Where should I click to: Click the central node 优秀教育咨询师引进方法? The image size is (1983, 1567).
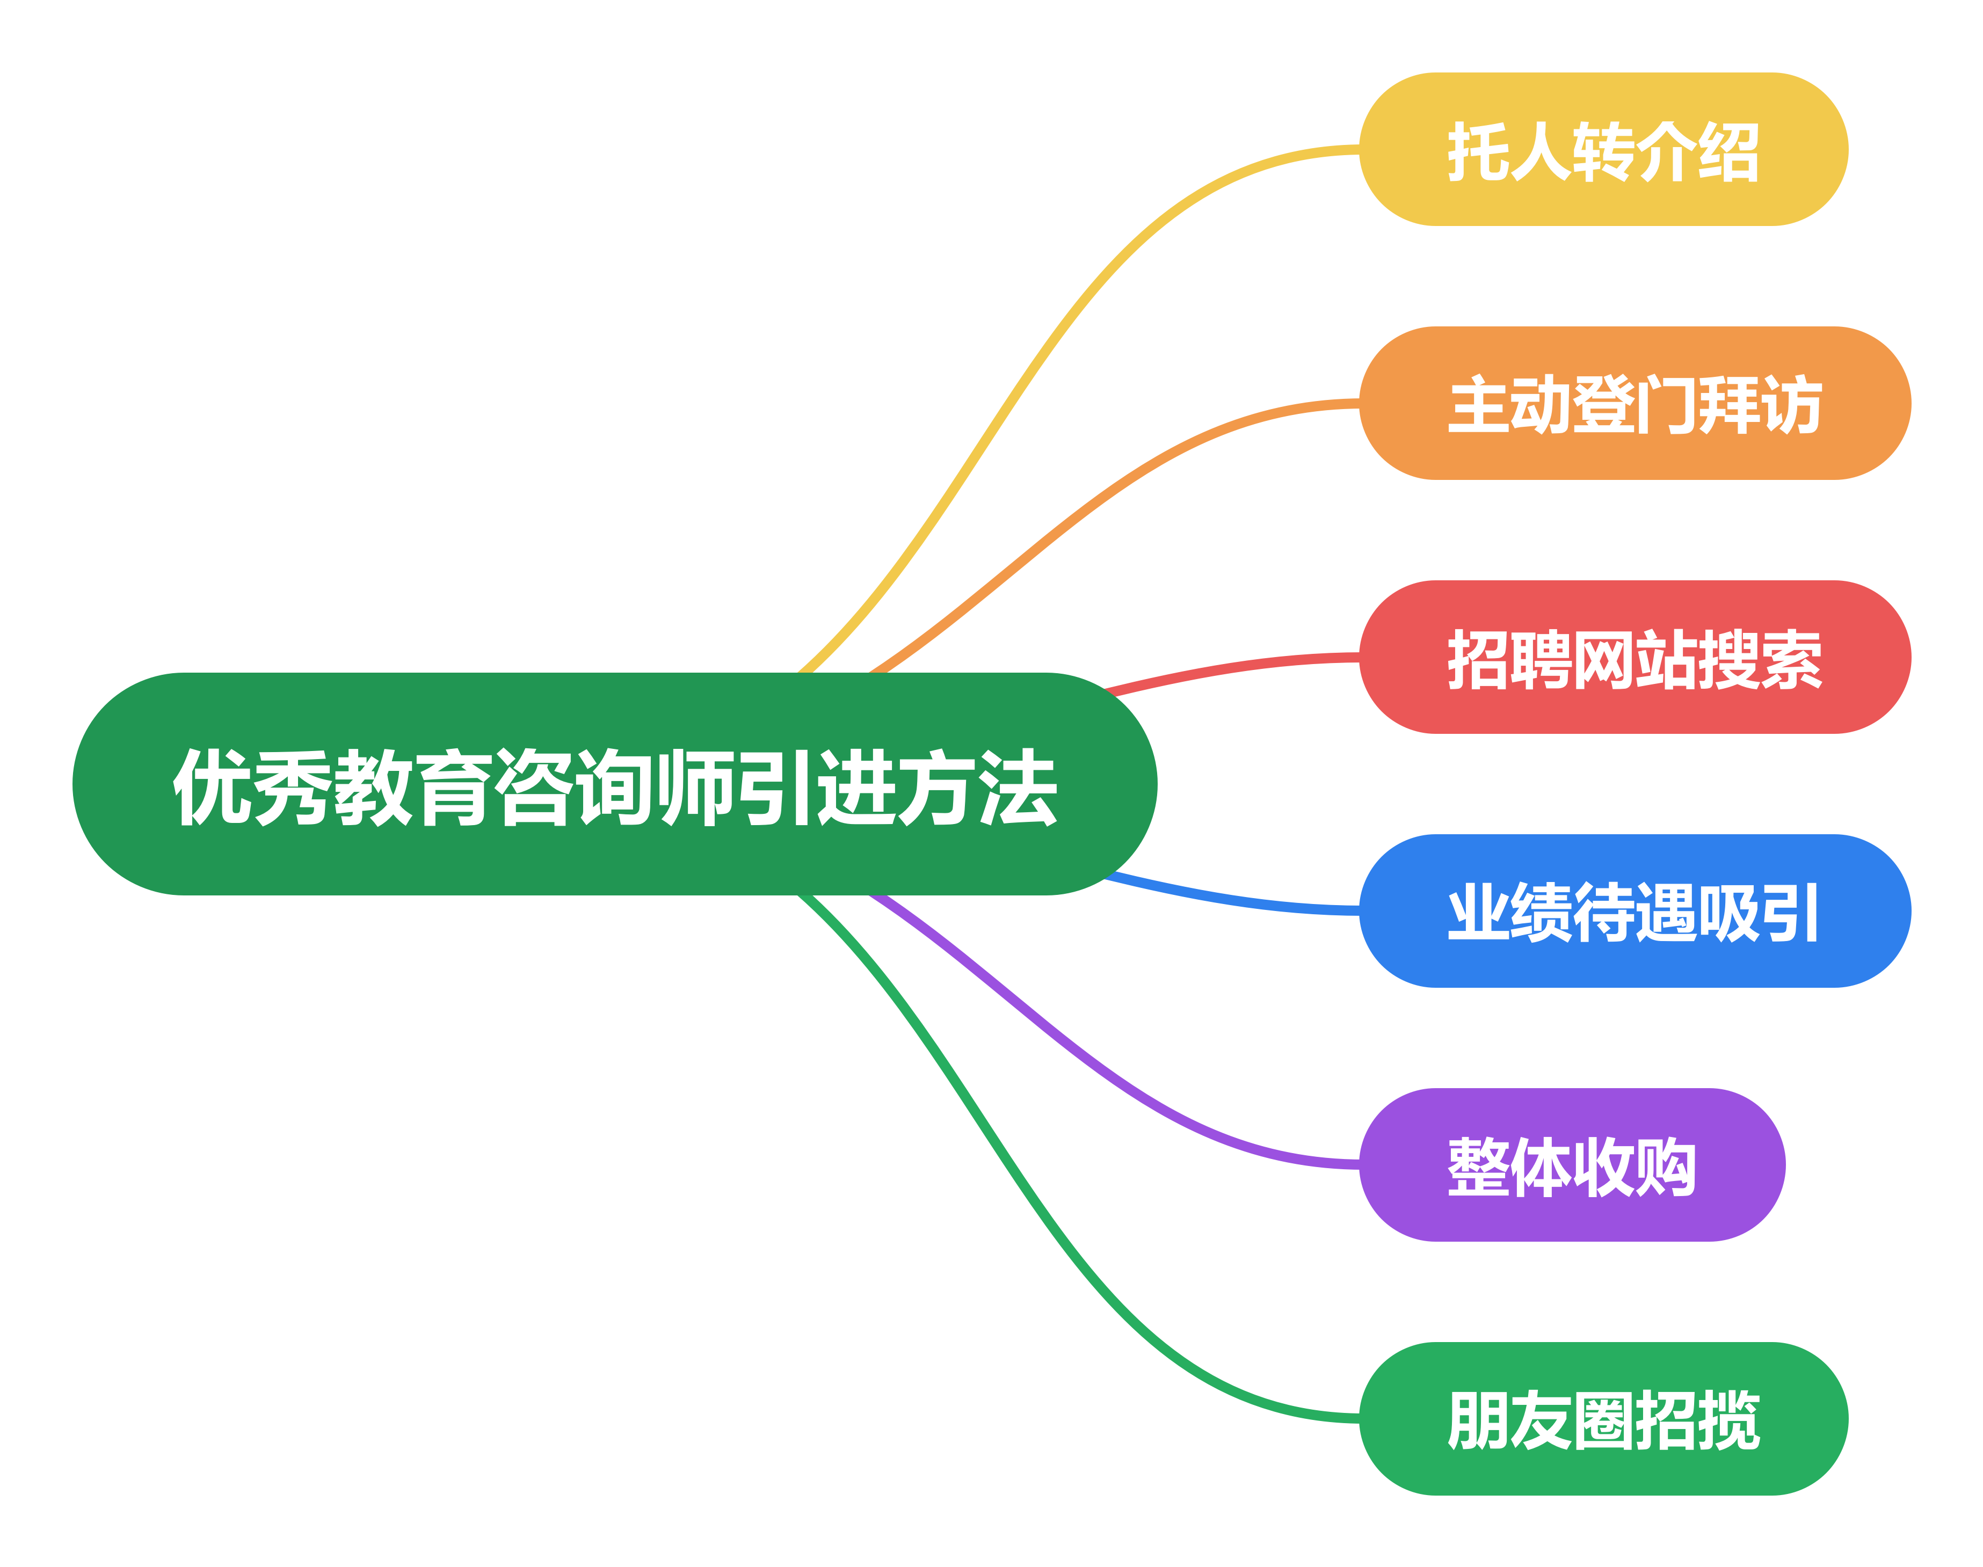[615, 784]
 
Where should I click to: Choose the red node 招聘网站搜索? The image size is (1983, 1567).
[1635, 657]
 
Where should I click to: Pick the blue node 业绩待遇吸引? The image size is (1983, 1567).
[1635, 911]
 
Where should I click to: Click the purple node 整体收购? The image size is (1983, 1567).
[1572, 1165]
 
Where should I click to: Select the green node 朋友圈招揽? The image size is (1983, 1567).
[1603, 1419]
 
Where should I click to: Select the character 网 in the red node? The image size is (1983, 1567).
[1604, 659]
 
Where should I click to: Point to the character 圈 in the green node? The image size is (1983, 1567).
[1604, 1420]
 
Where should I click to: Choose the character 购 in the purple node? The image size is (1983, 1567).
[1666, 1167]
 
